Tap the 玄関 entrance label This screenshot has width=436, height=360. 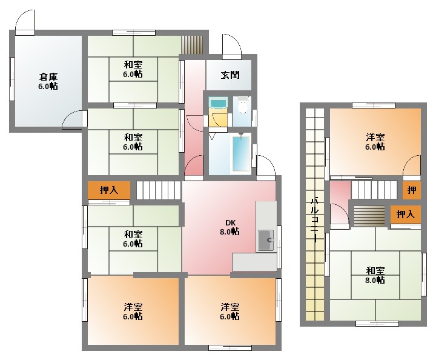230,75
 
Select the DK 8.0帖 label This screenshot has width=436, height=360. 230,227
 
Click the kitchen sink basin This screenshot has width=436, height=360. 266,240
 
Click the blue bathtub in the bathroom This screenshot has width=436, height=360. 241,153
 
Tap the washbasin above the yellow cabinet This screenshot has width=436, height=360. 218,103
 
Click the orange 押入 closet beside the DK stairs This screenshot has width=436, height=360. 109,190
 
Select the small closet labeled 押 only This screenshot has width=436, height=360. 412,190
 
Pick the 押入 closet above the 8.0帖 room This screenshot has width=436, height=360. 405,214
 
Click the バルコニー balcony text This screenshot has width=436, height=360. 314,220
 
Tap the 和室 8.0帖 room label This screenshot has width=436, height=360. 375,275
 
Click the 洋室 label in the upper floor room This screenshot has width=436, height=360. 375,137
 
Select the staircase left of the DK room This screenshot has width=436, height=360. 159,190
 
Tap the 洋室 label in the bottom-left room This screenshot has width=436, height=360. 133,307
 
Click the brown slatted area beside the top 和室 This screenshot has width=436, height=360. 193,44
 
